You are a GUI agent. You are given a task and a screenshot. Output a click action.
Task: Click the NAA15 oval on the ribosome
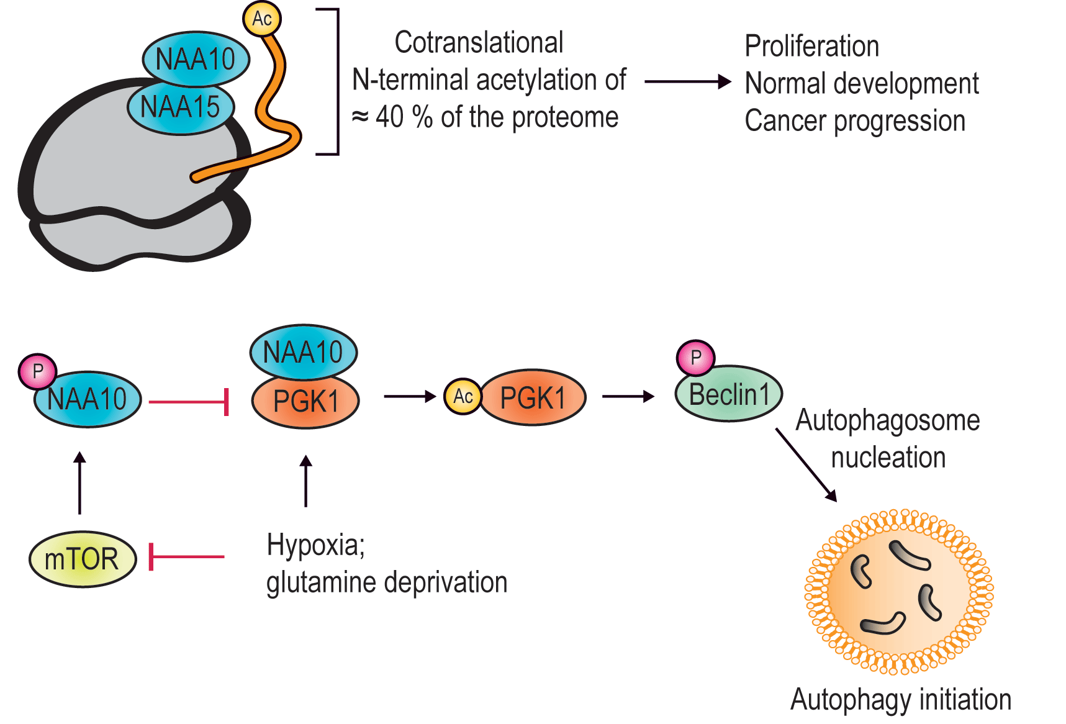coord(181,107)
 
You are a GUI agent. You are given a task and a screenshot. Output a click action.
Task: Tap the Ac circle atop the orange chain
coord(261,19)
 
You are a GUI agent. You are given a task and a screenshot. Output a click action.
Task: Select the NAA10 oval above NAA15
coord(196,59)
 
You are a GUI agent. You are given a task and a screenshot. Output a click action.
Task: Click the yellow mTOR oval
coord(82,559)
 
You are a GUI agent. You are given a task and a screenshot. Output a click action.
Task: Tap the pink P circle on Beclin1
coord(695,358)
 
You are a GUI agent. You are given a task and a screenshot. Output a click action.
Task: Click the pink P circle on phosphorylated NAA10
coord(37,371)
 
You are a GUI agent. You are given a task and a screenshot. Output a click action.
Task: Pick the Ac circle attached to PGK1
coord(463,396)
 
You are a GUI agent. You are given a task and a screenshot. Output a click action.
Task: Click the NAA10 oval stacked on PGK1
coord(303,352)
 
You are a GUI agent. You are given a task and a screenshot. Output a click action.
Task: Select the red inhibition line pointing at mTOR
coord(186,557)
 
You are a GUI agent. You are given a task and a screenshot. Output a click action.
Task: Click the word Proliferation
coord(811,47)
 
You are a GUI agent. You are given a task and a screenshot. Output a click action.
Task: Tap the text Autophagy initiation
coord(900,700)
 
